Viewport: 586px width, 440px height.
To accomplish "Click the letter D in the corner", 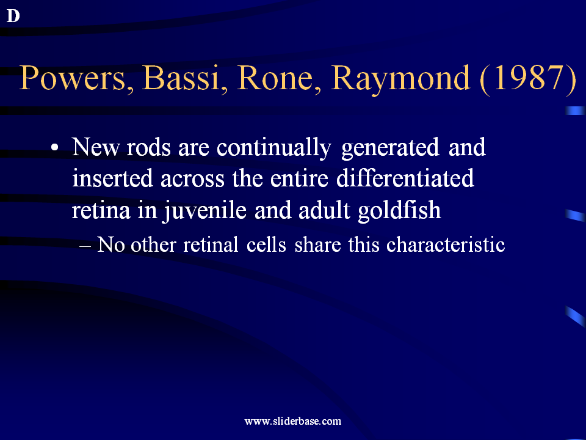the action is [x=13, y=16].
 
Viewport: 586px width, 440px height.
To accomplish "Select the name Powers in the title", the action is [x=73, y=78].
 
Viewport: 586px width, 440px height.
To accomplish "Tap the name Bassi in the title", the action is [x=180, y=78].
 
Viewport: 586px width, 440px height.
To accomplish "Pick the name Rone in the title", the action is [x=275, y=78].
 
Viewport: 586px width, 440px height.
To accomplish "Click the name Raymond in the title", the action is [x=400, y=79].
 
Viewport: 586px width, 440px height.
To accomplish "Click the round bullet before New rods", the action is [x=55, y=147].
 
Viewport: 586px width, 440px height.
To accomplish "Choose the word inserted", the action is [x=112, y=178].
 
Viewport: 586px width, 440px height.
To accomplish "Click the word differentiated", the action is [x=405, y=178].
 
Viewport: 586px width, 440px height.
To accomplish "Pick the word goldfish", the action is [x=399, y=211].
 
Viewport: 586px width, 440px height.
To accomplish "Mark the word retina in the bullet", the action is [x=101, y=211].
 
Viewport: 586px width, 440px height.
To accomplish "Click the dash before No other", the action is [x=85, y=246].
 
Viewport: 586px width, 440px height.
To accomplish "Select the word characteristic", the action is [x=446, y=244].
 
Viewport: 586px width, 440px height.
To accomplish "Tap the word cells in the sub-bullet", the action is [x=266, y=244].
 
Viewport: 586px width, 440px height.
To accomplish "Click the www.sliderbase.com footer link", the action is [x=292, y=421].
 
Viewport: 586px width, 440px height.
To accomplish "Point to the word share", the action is [x=317, y=244].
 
